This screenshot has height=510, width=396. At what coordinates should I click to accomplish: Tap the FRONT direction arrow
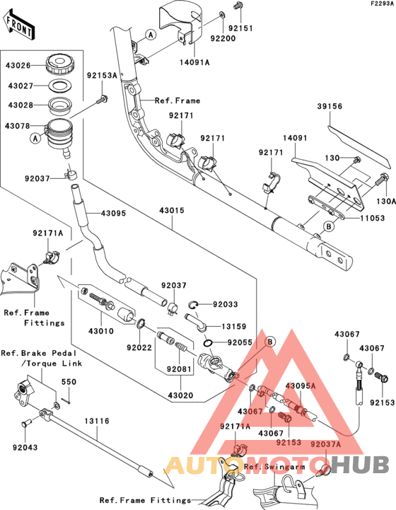point(19,26)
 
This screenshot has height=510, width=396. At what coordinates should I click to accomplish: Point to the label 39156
point(329,106)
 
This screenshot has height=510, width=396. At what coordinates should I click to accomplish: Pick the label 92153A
point(102,75)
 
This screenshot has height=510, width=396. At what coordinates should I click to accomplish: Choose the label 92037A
point(325,444)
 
